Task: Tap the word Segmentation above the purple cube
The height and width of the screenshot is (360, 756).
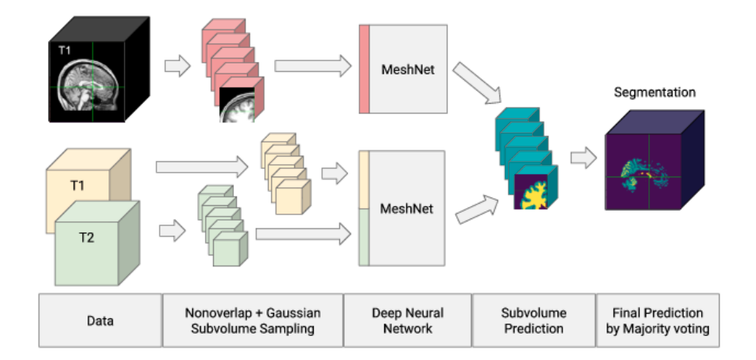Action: pos(655,92)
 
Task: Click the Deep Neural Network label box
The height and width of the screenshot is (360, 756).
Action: pos(407,320)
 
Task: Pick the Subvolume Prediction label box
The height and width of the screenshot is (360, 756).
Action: pos(533,320)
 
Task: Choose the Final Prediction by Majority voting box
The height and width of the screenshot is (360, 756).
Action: pos(658,320)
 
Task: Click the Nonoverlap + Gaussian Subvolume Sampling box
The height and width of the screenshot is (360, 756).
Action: pos(253,320)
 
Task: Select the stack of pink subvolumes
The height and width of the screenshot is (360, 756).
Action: pos(232,74)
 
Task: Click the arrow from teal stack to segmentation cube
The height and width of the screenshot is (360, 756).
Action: pos(583,159)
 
